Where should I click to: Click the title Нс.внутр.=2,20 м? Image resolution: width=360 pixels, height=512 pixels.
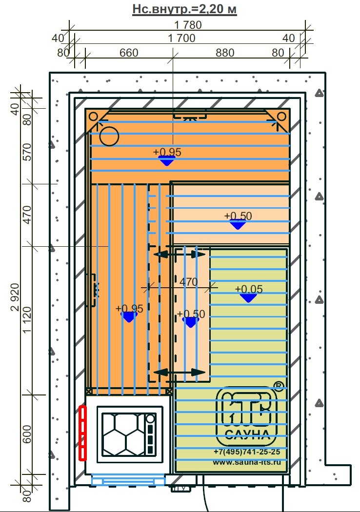(184, 9)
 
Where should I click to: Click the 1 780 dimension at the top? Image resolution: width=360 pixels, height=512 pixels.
(188, 25)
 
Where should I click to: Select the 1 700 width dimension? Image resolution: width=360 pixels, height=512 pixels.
(181, 38)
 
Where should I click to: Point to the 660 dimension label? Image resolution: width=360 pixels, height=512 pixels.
(129, 53)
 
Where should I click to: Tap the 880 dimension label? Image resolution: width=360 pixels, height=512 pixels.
(225, 53)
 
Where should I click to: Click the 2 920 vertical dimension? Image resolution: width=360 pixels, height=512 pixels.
(15, 297)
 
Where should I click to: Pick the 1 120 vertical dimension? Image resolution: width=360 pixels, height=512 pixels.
(27, 320)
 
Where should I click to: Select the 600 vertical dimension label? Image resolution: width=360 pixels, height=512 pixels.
(27, 434)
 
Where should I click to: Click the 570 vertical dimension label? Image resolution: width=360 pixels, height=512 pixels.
(27, 152)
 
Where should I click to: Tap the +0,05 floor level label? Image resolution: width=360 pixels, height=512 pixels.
(249, 289)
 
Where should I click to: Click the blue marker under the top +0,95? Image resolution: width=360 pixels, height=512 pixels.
(167, 160)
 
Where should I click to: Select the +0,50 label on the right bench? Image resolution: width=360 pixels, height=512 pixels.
(238, 216)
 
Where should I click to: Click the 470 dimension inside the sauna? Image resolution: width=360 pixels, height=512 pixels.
(188, 282)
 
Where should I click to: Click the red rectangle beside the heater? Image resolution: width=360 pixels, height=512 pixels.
(83, 433)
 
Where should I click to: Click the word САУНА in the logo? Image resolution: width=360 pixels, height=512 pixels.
(247, 434)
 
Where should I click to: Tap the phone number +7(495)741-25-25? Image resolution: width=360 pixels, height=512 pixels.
(247, 452)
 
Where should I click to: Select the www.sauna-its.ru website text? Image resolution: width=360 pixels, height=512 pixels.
(247, 462)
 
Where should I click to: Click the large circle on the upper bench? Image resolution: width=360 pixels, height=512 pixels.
(109, 136)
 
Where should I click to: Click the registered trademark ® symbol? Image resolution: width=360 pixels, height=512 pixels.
(279, 386)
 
